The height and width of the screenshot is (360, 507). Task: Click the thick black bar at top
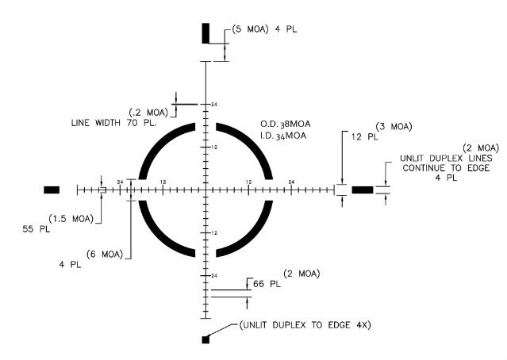205,33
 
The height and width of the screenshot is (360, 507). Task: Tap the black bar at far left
52,190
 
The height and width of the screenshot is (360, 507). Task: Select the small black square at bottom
205,339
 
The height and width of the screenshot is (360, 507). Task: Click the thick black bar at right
362,190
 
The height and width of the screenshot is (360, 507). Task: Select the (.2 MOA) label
145,112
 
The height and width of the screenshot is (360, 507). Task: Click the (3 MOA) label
393,126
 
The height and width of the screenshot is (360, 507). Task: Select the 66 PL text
264,282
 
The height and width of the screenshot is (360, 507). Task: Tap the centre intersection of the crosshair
205,190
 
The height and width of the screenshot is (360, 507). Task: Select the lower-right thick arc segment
252,234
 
